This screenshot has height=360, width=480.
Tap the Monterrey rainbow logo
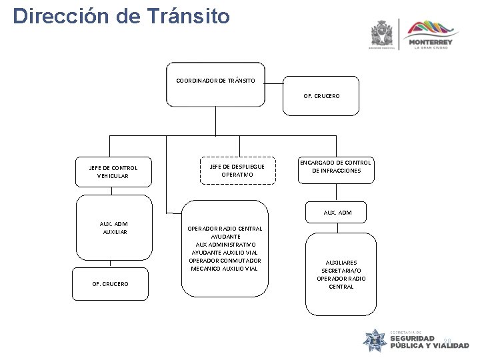tap(433, 29)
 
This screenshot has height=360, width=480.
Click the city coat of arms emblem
tap(383, 33)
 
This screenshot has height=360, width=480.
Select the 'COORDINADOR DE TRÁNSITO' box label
tap(215, 81)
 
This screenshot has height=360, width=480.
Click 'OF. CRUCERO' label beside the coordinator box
tap(321, 96)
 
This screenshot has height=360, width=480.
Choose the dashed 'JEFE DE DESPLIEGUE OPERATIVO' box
tap(237, 170)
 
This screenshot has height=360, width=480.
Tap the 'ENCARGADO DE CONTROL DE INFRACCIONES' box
tap(335, 167)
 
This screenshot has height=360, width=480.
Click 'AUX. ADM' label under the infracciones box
tap(337, 213)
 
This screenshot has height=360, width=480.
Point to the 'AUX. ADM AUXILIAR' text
tap(115, 228)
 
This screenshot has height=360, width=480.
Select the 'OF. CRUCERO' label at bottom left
tap(111, 284)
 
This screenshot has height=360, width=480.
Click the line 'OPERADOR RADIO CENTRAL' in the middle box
tap(225, 229)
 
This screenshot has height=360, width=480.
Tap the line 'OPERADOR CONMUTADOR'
tap(225, 261)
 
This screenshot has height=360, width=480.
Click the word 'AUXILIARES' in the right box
tap(341, 262)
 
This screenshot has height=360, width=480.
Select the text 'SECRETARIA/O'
tap(341, 270)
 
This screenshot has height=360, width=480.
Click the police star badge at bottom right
tap(374, 340)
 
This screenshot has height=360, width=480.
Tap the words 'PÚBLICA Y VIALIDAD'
tap(429, 346)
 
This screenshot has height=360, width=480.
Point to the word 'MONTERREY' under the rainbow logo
tap(433, 42)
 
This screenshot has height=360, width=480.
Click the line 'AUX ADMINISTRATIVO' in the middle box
tap(225, 245)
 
